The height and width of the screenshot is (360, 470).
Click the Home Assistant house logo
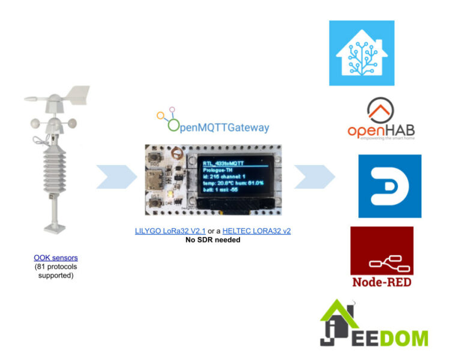(x=361, y=53)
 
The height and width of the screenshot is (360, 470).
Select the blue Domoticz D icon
(x=390, y=186)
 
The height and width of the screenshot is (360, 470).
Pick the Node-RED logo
(x=382, y=257)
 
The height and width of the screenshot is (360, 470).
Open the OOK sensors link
(x=56, y=257)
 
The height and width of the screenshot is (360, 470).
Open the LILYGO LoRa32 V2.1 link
(x=171, y=231)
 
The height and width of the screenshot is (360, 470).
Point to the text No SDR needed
(x=214, y=240)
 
